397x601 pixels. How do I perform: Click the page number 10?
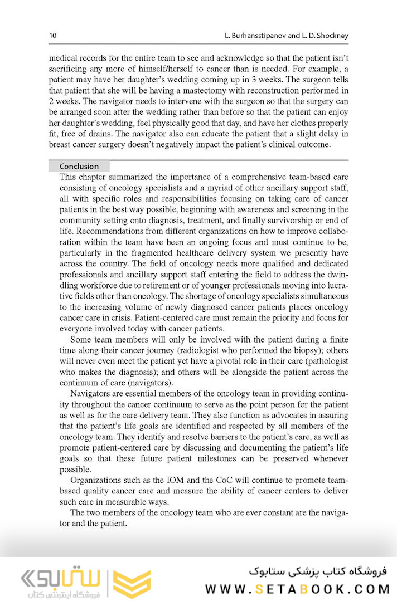click(x=53, y=36)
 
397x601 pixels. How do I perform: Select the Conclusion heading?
click(x=79, y=166)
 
